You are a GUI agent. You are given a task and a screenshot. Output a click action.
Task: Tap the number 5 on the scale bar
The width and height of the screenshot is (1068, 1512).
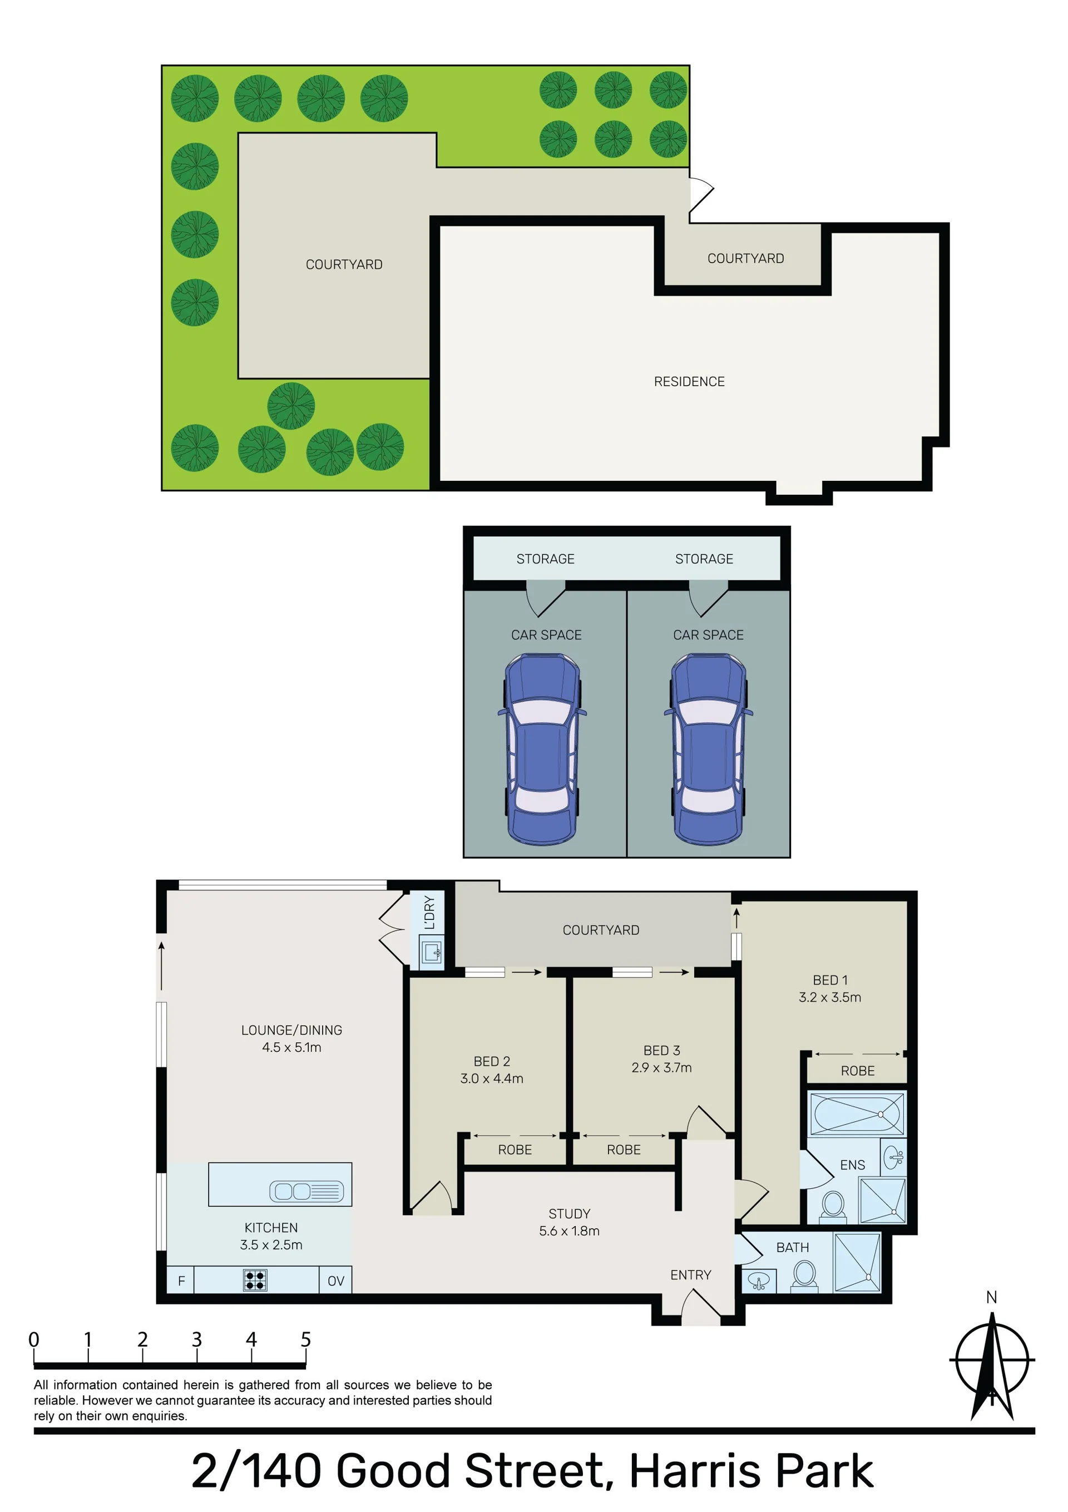tap(305, 1339)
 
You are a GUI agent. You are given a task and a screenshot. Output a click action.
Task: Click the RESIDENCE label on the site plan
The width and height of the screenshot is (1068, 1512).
tap(689, 381)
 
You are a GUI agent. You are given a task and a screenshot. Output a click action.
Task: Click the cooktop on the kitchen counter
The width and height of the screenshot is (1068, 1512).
tap(255, 1279)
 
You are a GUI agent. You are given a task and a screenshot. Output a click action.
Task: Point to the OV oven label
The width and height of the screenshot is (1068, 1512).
tap(336, 1281)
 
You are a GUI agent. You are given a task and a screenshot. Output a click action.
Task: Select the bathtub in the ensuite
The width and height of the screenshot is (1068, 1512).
tap(857, 1114)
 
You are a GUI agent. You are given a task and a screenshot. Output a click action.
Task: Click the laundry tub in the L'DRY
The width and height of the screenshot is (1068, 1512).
tap(432, 952)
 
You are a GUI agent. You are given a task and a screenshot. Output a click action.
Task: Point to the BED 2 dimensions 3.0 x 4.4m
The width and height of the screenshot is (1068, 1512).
tap(492, 1078)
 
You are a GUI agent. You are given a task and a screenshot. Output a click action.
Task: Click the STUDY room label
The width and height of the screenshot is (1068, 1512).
tap(570, 1214)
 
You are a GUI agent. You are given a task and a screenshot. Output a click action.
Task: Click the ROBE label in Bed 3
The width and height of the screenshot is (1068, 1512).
tap(624, 1150)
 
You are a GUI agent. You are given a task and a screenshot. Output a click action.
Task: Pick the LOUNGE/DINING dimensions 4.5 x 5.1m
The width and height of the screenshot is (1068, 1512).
tap(291, 1047)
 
